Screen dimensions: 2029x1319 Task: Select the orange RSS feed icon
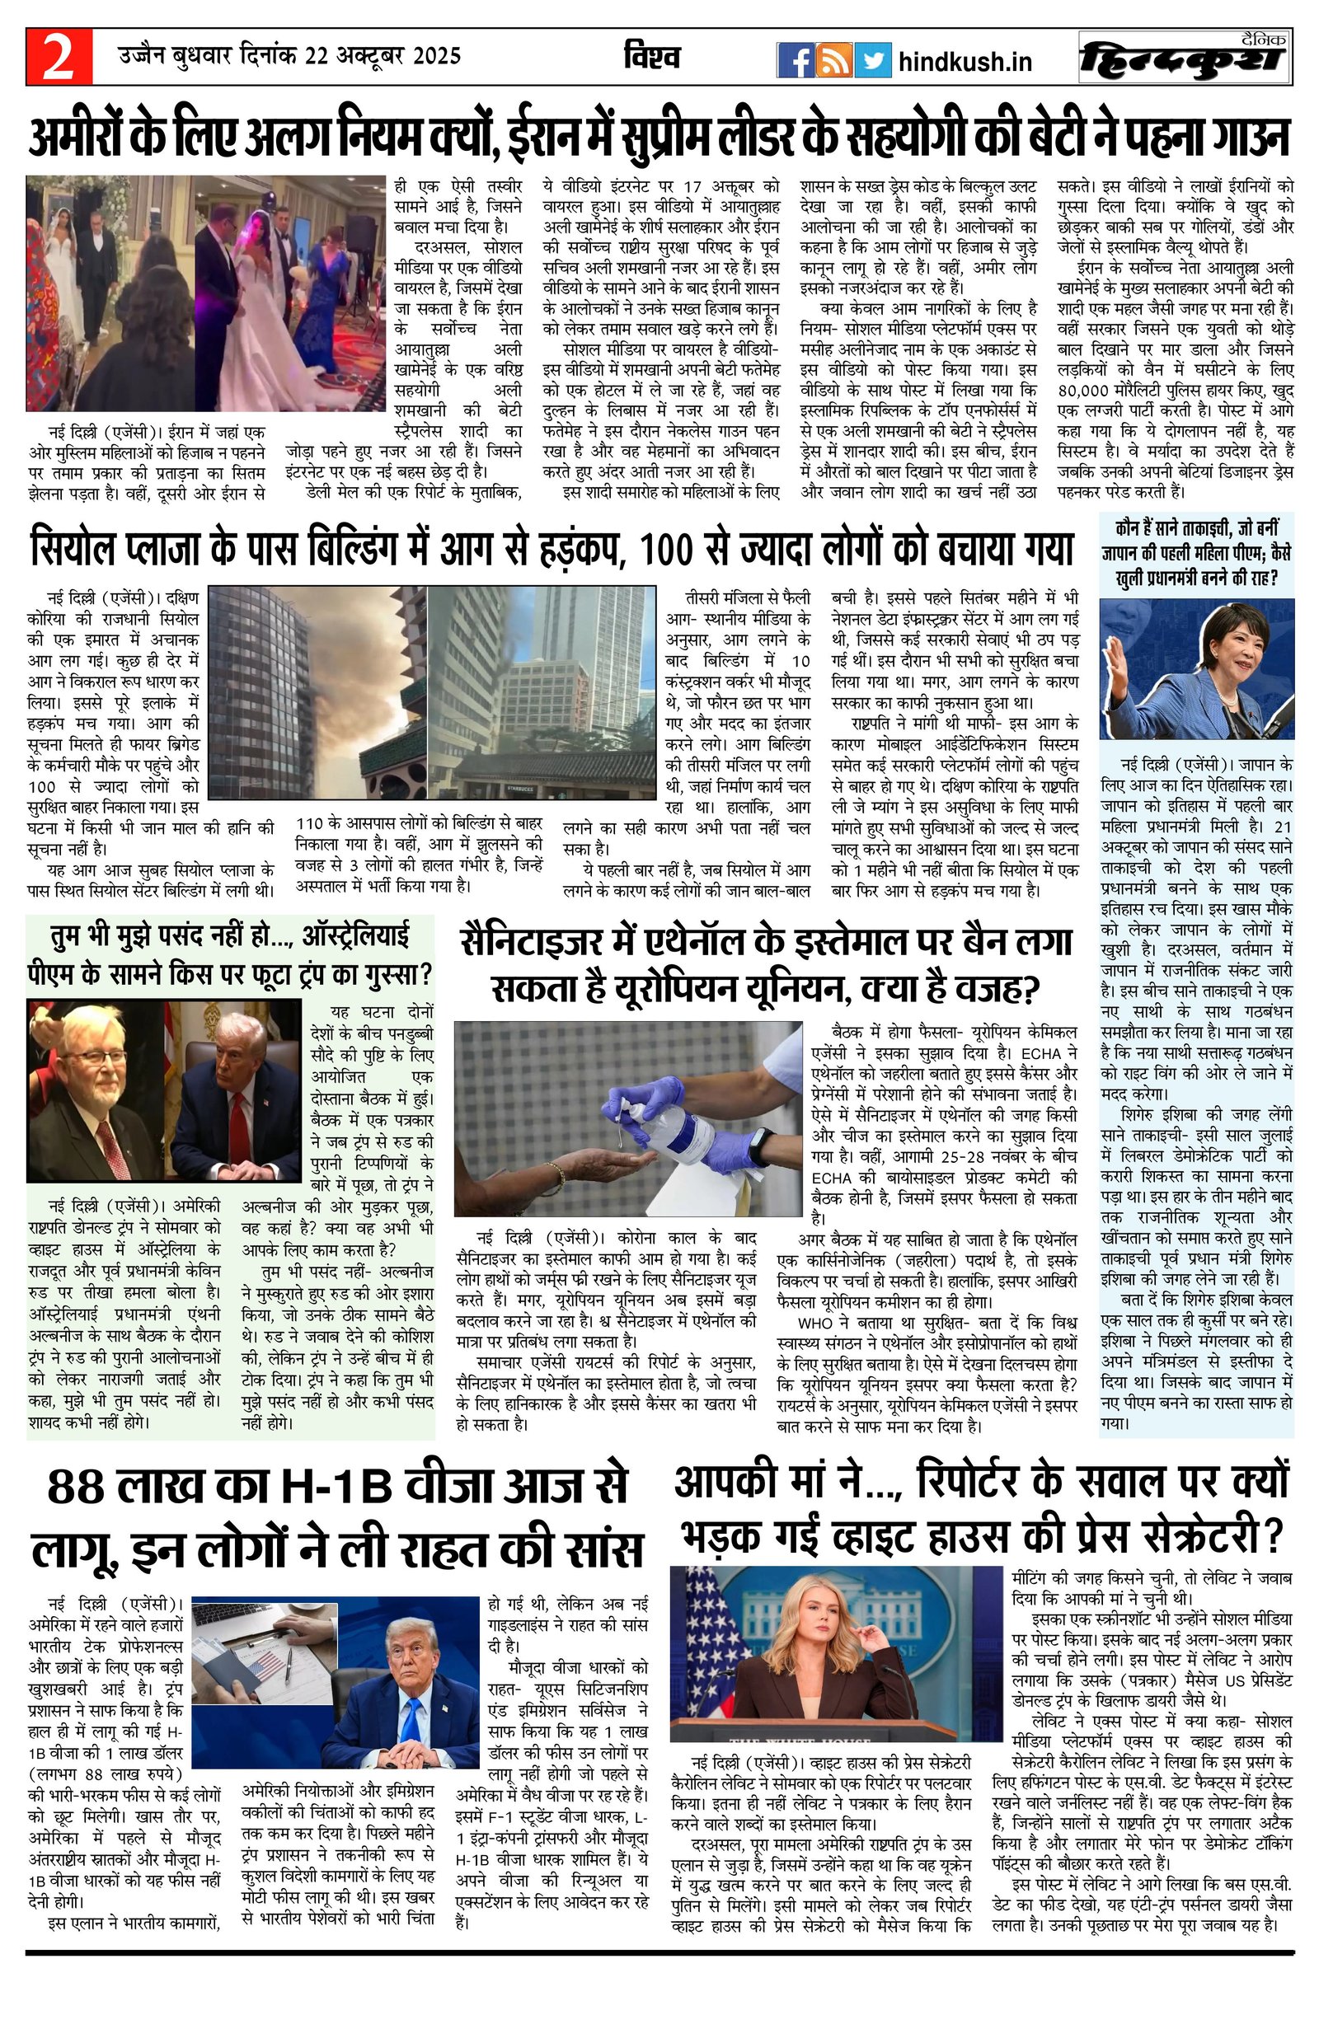click(x=832, y=60)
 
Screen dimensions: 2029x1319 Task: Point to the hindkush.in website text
click(x=965, y=61)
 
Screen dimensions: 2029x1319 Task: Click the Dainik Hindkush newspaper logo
click(x=1184, y=58)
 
